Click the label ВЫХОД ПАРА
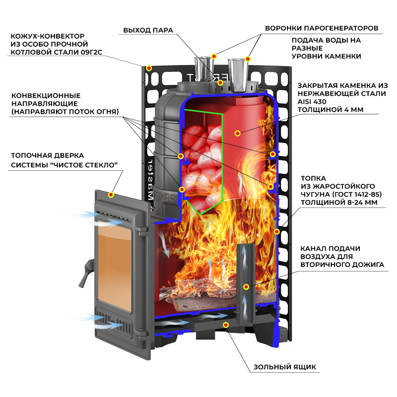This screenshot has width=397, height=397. click(148, 30)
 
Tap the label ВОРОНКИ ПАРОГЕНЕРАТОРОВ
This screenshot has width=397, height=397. click(322, 28)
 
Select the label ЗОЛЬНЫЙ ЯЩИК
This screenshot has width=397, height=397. click(284, 367)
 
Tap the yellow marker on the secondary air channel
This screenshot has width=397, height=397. click(246, 287)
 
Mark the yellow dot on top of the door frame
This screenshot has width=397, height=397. click(112, 195)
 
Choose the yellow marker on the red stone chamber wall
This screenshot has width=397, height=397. click(238, 133)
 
